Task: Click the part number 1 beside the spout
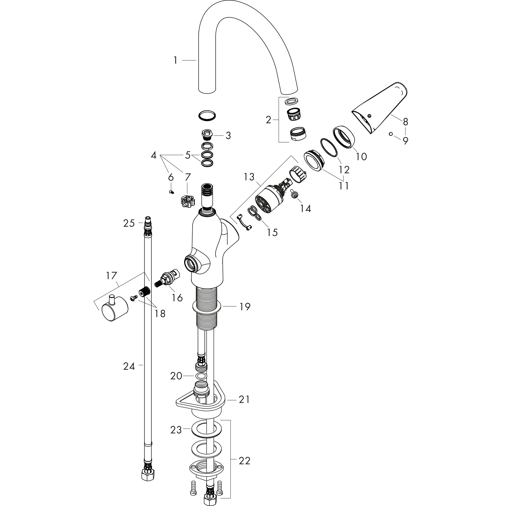coord(175,61)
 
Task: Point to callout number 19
coord(245,307)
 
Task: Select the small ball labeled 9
coord(391,134)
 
